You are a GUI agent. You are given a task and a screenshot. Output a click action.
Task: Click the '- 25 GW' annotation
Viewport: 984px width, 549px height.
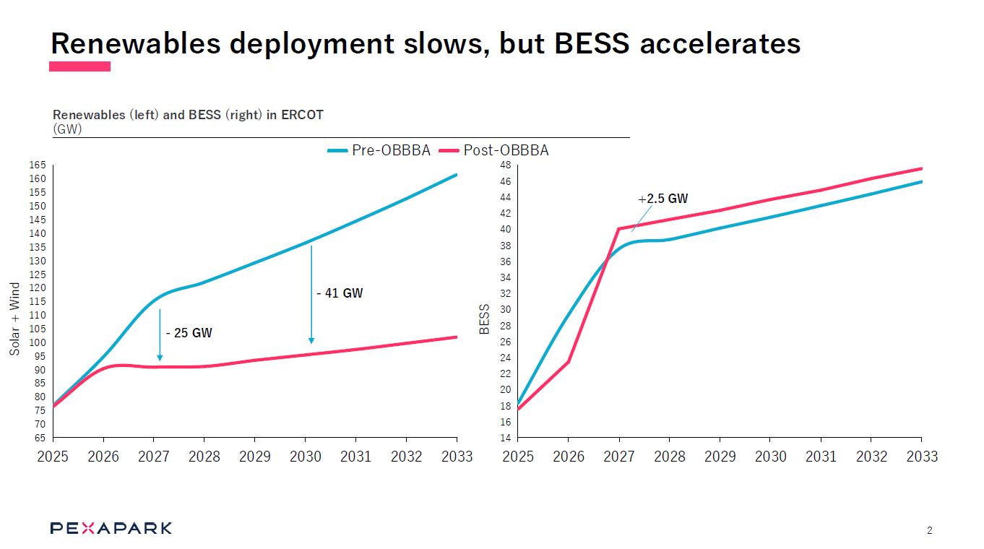click(x=189, y=333)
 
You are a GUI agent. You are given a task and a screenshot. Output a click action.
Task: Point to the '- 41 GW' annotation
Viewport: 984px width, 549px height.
click(x=340, y=293)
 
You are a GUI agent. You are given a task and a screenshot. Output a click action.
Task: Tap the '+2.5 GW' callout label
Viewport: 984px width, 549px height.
click(x=663, y=199)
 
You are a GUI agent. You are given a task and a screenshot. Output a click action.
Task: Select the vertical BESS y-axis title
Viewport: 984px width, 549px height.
click(x=485, y=319)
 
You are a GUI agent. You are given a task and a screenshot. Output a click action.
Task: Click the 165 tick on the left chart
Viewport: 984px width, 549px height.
click(x=38, y=165)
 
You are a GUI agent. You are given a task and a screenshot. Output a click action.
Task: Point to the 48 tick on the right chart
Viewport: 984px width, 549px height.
click(x=505, y=165)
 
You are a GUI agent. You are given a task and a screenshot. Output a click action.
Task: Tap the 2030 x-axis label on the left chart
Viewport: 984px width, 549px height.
click(x=305, y=457)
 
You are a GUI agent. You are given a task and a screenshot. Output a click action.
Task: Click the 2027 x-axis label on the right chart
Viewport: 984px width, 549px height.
click(x=618, y=457)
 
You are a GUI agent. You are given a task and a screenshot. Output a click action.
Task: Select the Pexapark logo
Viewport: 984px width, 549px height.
click(x=111, y=528)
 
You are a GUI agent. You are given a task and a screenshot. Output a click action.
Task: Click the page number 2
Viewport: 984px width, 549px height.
click(x=929, y=531)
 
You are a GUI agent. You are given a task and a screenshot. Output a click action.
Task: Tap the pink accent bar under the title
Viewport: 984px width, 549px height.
click(x=79, y=66)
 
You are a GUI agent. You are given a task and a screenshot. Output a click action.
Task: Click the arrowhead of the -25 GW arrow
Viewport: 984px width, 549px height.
click(x=160, y=357)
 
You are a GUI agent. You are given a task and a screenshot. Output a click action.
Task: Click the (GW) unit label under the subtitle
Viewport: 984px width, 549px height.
click(x=67, y=129)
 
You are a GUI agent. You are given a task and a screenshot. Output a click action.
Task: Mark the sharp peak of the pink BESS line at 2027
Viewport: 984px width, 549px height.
click(x=619, y=229)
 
